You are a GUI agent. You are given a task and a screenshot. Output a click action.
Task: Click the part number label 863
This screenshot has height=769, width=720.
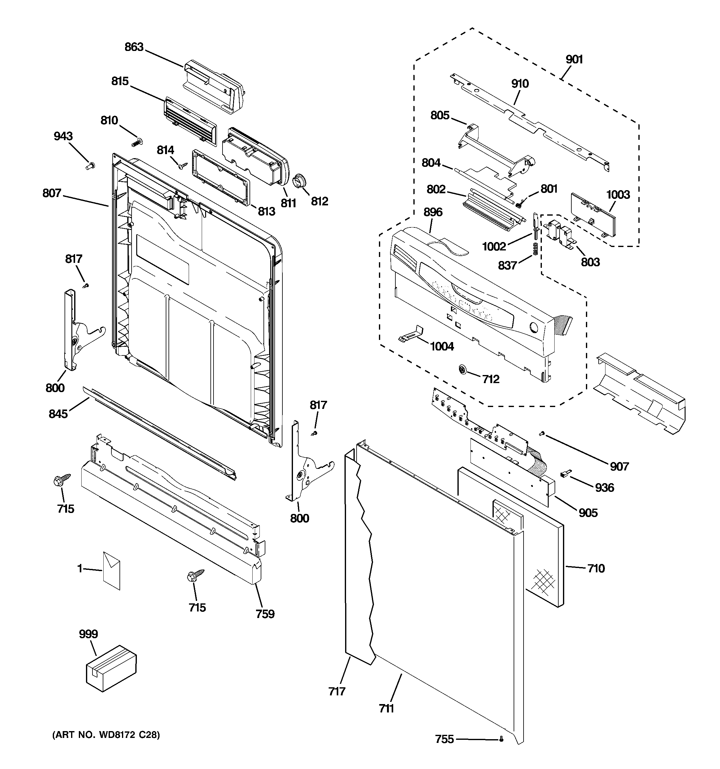pos(134,47)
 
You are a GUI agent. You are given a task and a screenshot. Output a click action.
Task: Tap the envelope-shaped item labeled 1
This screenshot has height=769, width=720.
pos(112,571)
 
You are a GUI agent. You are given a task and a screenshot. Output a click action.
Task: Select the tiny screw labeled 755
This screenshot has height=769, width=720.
pos(501,739)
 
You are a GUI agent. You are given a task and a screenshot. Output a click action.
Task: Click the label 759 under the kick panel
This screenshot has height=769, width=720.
pos(265,614)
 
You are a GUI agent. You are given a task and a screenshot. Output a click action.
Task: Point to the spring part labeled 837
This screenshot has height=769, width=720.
pos(535,250)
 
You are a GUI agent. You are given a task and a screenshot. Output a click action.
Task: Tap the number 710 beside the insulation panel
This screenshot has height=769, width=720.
pos(596,568)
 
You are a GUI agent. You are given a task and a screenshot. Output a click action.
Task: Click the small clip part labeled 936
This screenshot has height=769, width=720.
pos(565,473)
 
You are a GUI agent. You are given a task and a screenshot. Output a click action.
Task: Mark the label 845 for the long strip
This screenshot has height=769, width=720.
pos(58,414)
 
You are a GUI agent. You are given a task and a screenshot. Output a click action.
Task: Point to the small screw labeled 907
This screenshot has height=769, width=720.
pos(542,435)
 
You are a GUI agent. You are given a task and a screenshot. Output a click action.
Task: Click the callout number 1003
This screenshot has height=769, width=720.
pos(618,195)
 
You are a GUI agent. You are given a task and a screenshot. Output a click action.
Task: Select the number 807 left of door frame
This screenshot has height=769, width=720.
pos(52,193)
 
